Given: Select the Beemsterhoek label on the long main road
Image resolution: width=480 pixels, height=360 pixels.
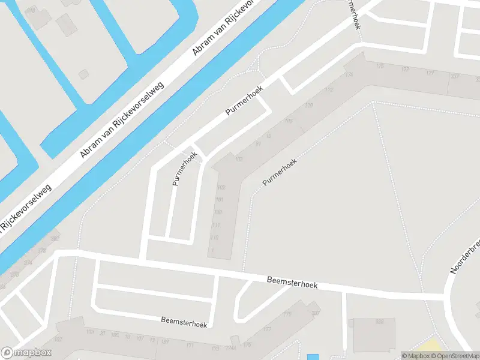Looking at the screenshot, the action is click(x=292, y=281).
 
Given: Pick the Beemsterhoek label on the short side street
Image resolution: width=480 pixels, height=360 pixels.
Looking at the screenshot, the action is click(x=184, y=322).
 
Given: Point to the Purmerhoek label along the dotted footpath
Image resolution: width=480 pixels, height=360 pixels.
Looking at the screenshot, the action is click(x=280, y=171).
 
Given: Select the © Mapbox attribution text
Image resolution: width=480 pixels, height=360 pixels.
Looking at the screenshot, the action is click(x=415, y=356).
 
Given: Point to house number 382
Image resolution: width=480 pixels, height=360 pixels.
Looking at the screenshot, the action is click(x=55, y=239).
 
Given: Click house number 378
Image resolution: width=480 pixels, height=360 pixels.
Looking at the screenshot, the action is click(x=42, y=251).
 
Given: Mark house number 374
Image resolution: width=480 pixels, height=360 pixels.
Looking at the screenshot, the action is click(x=28, y=262).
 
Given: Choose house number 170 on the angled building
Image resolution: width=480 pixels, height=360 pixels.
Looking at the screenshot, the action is click(x=309, y=106).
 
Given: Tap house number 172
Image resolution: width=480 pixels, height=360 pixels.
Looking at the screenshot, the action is click(x=329, y=90).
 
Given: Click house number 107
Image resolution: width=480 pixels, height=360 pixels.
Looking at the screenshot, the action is click(x=139, y=337).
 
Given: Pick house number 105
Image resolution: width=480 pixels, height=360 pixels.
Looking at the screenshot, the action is click(x=115, y=335).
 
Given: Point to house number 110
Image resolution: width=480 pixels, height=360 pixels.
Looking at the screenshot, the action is click(x=215, y=238).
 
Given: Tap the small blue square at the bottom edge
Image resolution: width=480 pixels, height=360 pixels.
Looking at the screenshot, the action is click(x=313, y=357).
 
